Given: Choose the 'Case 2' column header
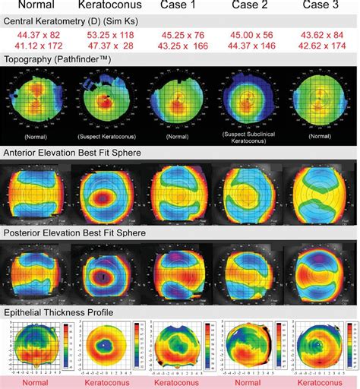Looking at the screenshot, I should (x=250, y=6).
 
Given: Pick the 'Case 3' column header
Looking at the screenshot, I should (x=321, y=6).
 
